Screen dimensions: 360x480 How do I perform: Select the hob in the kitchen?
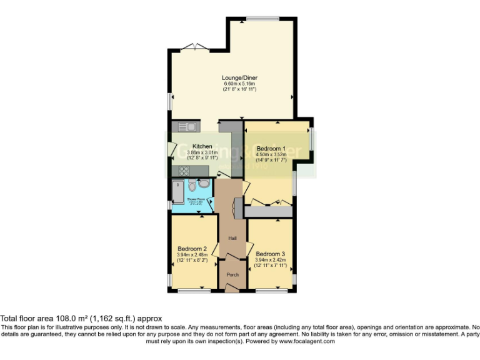pos(186,170)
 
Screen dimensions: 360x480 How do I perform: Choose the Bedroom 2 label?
pos(192,248)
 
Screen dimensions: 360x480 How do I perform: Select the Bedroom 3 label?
pos(271,254)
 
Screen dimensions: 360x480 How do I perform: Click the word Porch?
pos(232,274)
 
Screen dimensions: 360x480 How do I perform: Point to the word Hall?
pos(232,238)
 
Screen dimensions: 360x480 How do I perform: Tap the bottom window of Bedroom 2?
pos(194,291)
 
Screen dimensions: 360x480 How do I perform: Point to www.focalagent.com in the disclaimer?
pos(307,341)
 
